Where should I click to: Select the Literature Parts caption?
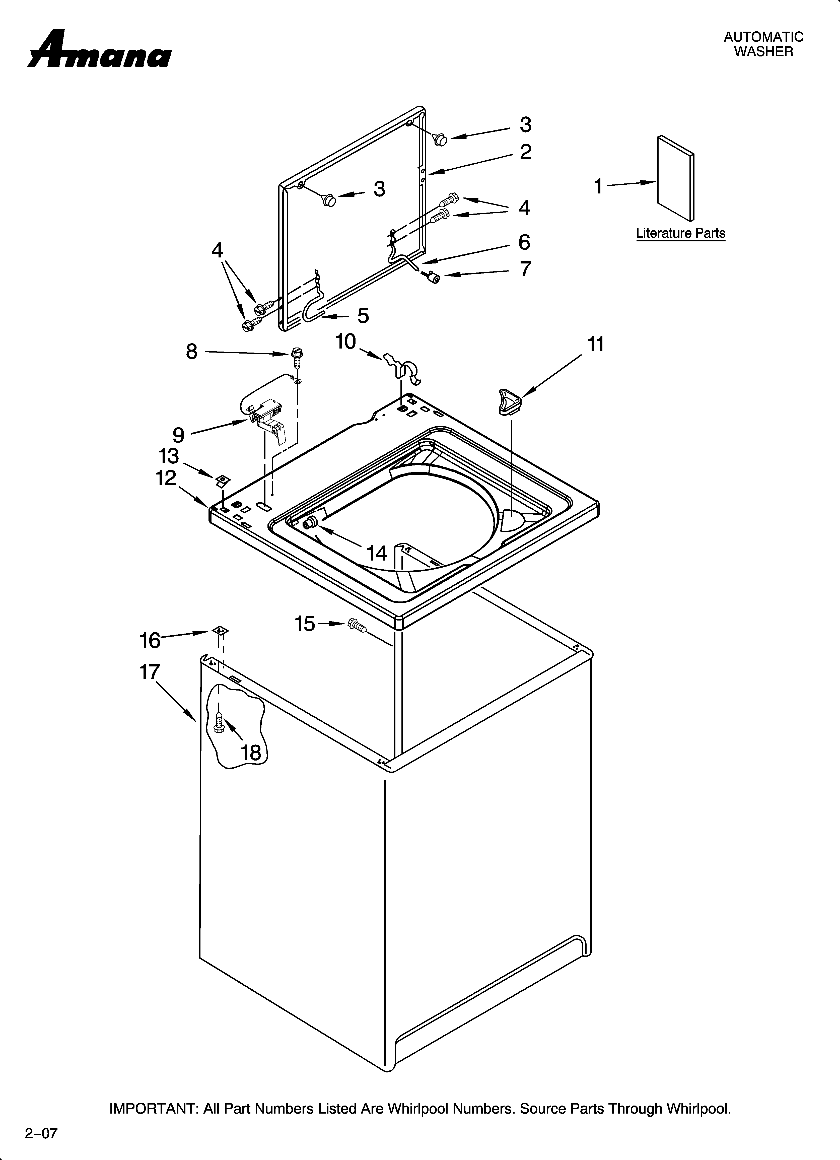tap(680, 233)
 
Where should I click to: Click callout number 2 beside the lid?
tap(525, 152)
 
